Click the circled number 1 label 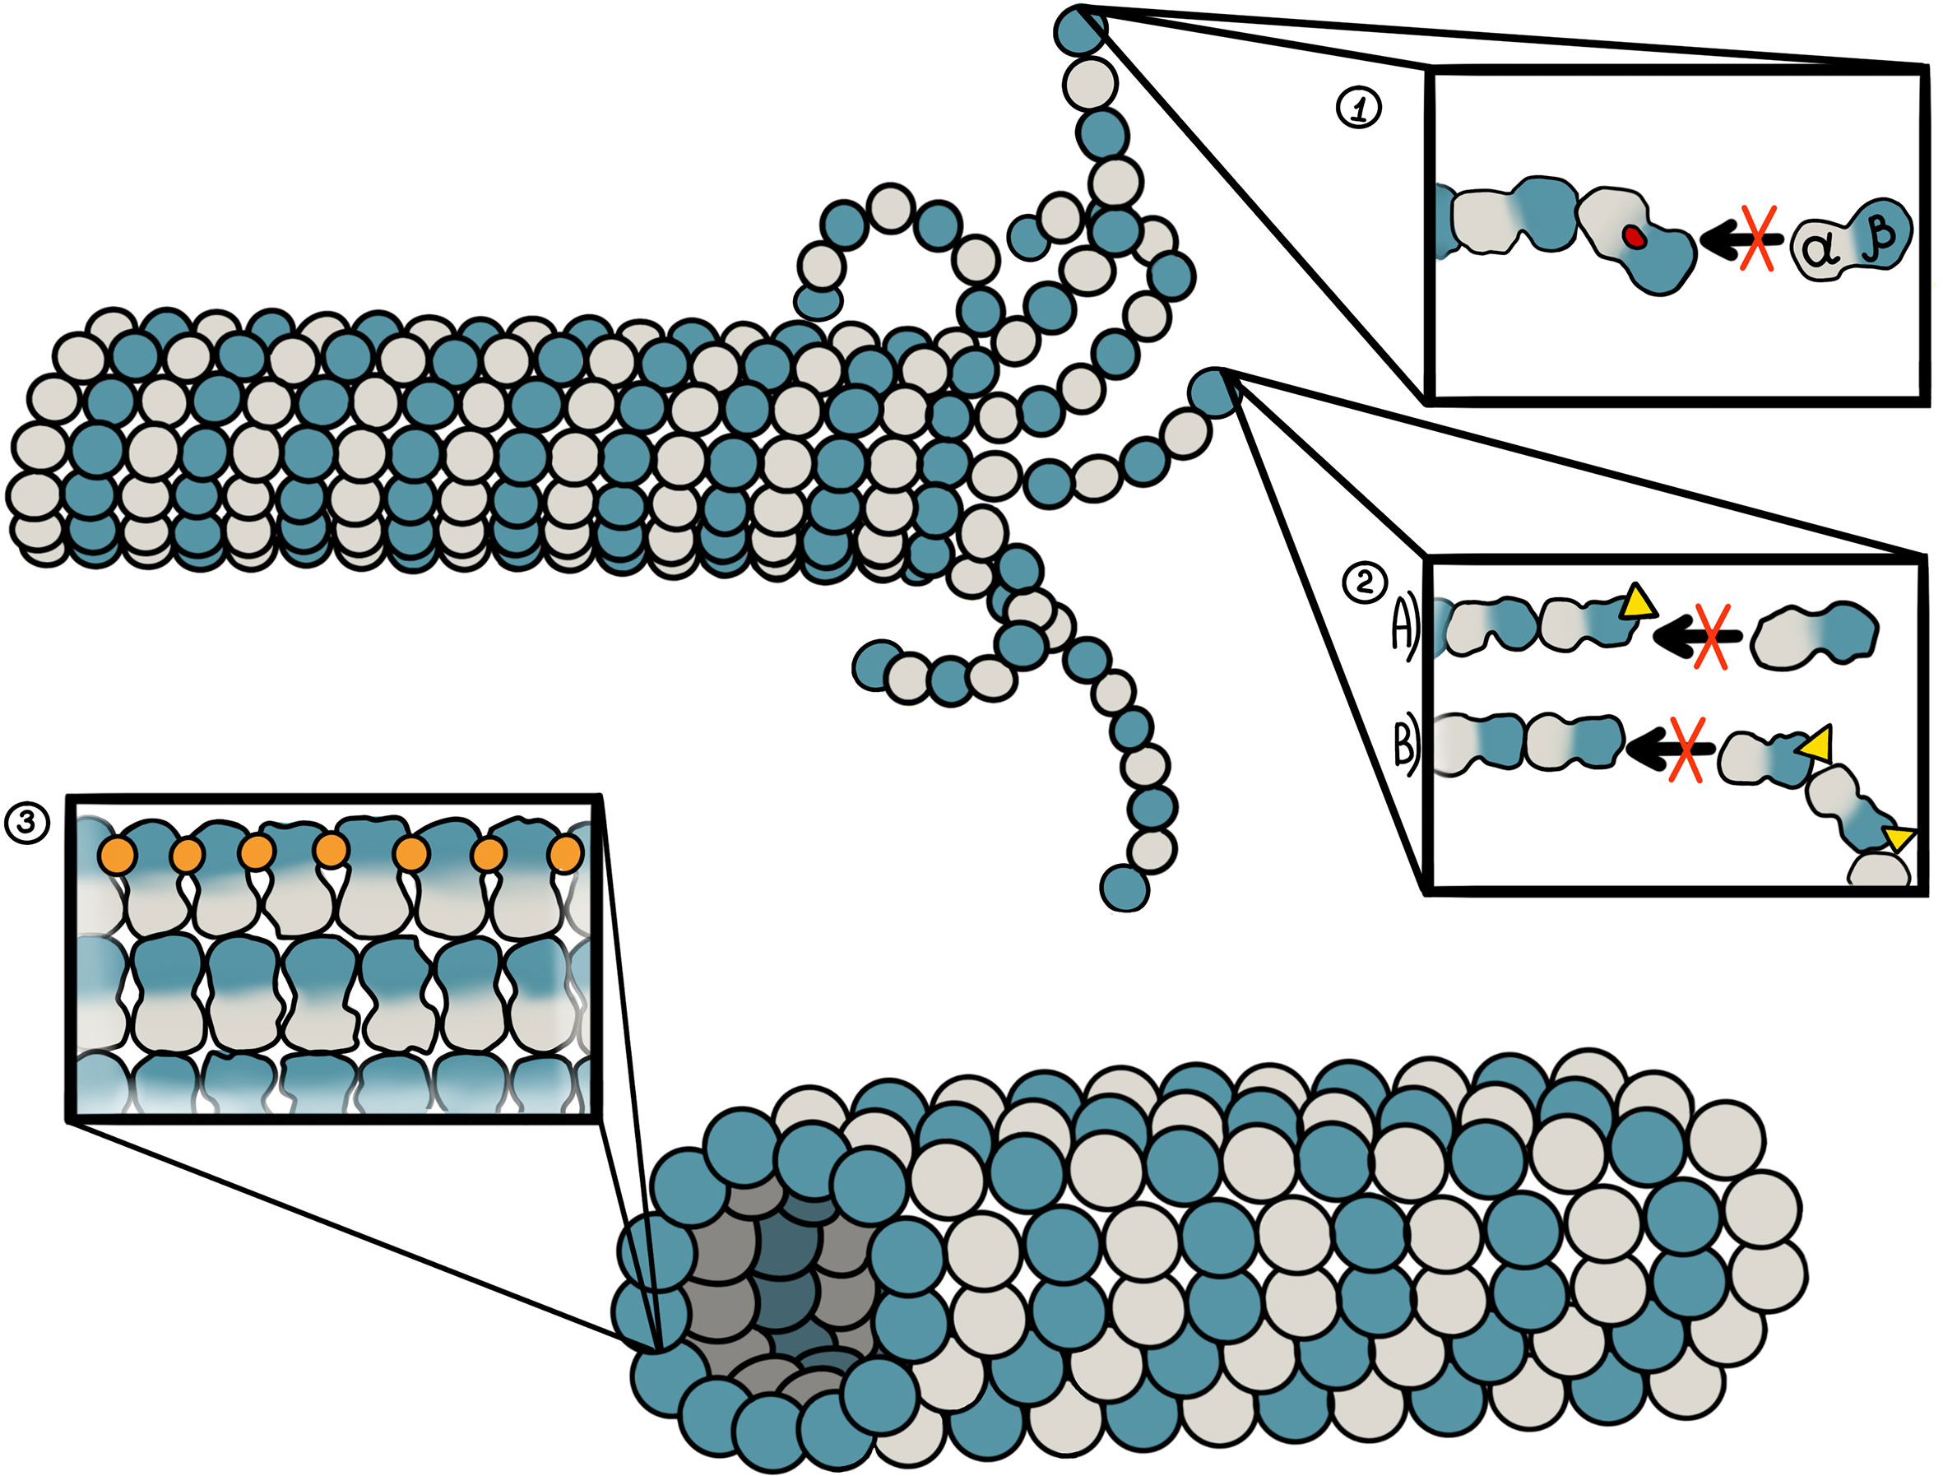point(1358,109)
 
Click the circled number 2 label point(1364,583)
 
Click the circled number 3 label point(26,824)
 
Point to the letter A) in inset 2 point(1403,627)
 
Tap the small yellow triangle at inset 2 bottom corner point(1900,838)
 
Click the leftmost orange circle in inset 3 point(117,854)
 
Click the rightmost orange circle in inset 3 point(565,853)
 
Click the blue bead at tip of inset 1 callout point(1080,30)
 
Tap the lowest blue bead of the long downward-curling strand point(1125,889)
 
